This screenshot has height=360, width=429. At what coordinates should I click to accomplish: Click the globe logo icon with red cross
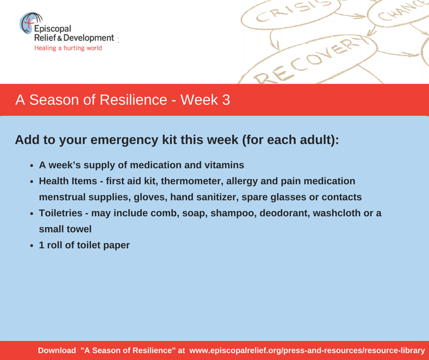click(x=30, y=23)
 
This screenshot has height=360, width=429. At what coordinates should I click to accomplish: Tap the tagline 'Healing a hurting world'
click(x=68, y=48)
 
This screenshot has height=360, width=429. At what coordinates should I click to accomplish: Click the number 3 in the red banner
click(x=226, y=100)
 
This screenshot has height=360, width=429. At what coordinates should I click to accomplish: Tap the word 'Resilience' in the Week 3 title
click(x=133, y=100)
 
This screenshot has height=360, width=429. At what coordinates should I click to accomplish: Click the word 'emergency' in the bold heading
click(x=124, y=140)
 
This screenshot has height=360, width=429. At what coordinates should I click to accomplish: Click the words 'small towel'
click(x=65, y=229)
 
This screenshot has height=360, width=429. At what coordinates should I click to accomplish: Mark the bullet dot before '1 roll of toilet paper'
click(x=32, y=246)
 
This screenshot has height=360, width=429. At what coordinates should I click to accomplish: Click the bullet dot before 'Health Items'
click(x=32, y=182)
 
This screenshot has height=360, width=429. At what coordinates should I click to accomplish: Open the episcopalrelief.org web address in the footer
click(x=307, y=351)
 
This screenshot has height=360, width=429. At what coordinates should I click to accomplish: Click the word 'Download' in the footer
click(x=57, y=350)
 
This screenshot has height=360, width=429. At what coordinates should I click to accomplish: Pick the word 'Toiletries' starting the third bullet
click(x=60, y=213)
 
